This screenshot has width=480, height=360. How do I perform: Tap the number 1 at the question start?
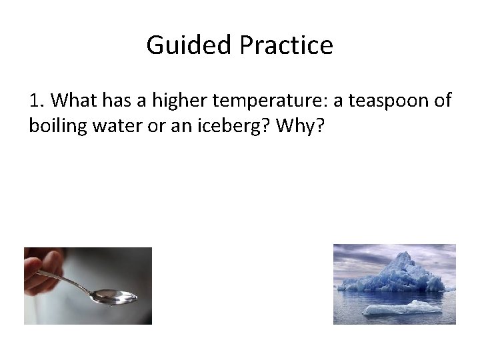pos(35,101)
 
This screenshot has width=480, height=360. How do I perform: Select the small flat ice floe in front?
pos(401,308)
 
